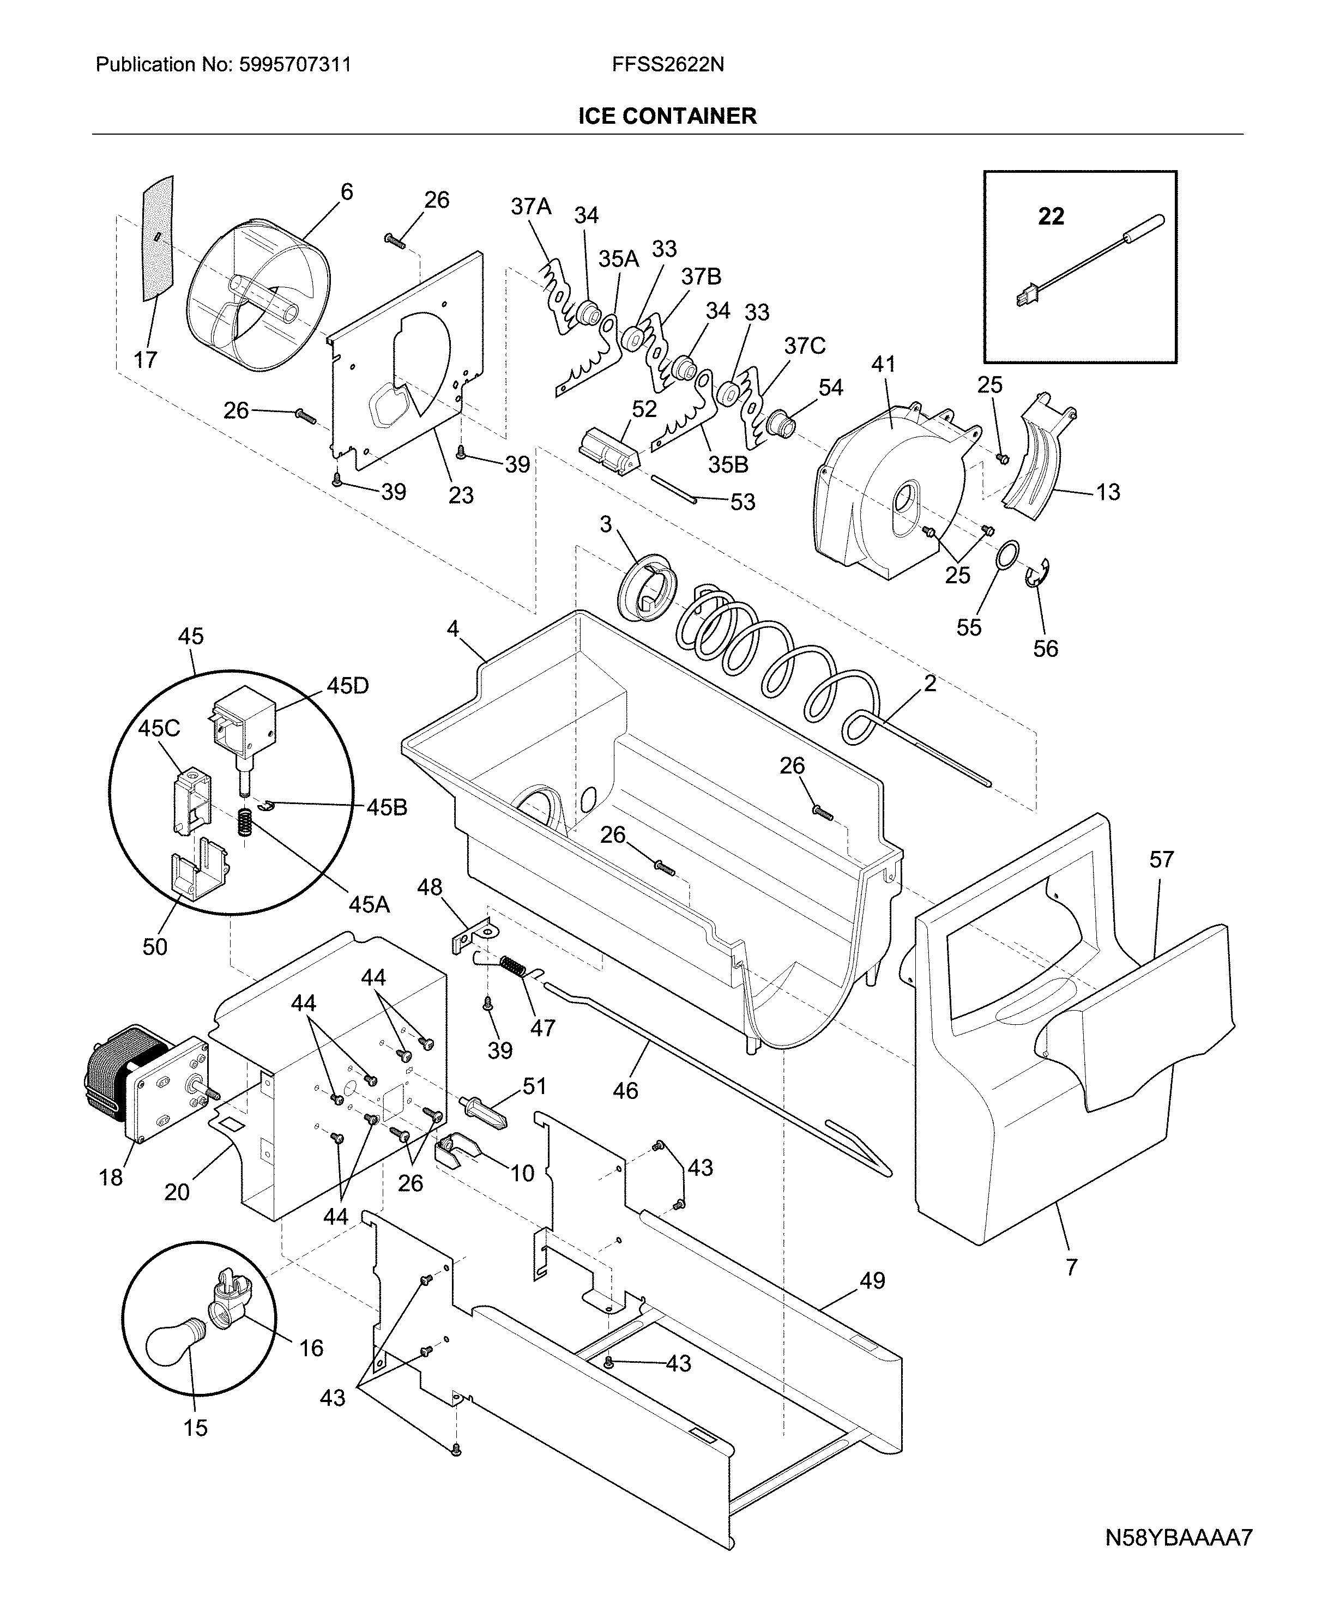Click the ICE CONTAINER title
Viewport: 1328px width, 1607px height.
(x=667, y=116)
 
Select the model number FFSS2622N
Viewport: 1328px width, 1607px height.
(x=668, y=65)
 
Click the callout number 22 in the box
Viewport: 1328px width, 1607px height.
(x=1051, y=217)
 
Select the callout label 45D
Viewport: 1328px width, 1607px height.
(x=347, y=686)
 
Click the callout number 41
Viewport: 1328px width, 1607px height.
(x=884, y=365)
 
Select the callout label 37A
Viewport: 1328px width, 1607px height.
(x=531, y=207)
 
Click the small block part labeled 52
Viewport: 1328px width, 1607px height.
(x=608, y=451)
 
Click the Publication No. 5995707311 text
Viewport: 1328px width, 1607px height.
(x=224, y=65)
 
